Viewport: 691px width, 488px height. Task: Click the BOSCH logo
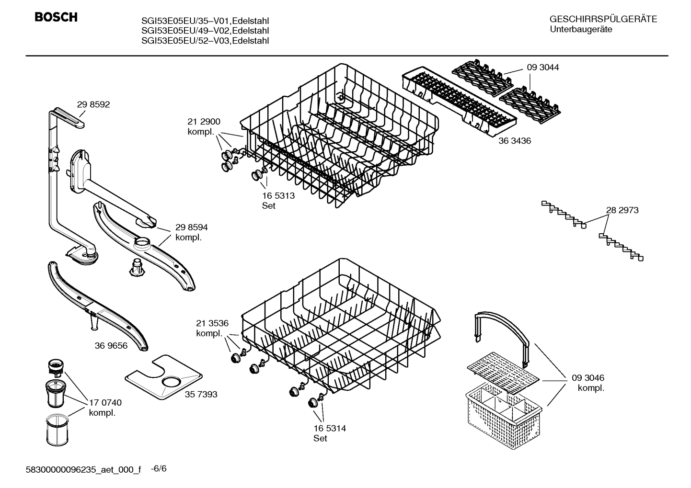56,18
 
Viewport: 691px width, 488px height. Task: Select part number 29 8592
93,104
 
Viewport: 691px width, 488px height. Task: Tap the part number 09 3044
542,68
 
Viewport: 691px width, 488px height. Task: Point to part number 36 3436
514,141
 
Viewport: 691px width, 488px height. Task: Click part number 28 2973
622,210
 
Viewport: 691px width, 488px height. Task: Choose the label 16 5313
278,195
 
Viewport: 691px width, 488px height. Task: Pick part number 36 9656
111,345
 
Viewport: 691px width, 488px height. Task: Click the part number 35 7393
201,394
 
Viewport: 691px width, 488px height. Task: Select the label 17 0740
105,403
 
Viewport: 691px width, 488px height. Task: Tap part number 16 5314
330,428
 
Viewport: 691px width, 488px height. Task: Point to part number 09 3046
587,378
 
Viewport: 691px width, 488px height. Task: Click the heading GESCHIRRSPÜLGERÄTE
603,19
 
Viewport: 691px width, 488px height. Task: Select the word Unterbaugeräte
581,29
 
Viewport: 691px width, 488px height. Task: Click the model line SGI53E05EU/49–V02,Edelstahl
205,31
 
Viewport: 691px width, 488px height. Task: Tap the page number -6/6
159,468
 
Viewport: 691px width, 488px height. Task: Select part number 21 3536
212,323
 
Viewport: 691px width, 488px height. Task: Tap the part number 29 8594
191,227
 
